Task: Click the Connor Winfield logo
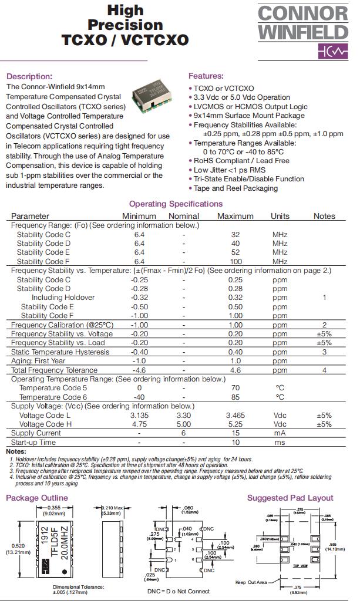(x=303, y=32)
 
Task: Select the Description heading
(x=29, y=76)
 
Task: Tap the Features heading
(x=206, y=76)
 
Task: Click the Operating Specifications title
(x=176, y=204)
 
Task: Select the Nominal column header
(x=184, y=216)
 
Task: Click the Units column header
(x=280, y=216)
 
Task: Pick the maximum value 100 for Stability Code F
(x=235, y=261)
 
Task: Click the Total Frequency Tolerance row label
(x=54, y=370)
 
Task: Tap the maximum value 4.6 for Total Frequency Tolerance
(x=235, y=370)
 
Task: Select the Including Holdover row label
(x=63, y=298)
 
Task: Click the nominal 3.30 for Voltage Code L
(x=184, y=415)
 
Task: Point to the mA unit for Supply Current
(x=280, y=433)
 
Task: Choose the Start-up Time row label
(x=33, y=443)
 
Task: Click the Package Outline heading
(x=36, y=498)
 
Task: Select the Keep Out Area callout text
(x=250, y=583)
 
